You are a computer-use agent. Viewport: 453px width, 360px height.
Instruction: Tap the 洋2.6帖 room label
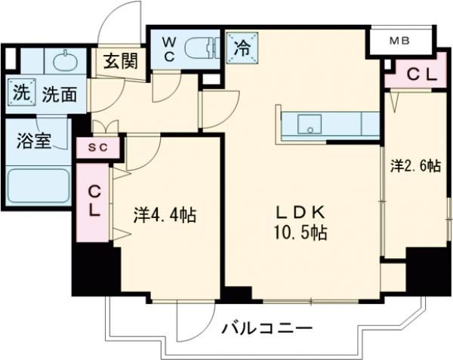point(414,168)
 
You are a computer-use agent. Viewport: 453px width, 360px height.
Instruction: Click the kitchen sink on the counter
point(310,124)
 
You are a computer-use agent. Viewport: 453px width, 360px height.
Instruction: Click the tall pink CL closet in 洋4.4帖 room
point(93,202)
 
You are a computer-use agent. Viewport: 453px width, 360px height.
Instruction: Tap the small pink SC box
point(97,147)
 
